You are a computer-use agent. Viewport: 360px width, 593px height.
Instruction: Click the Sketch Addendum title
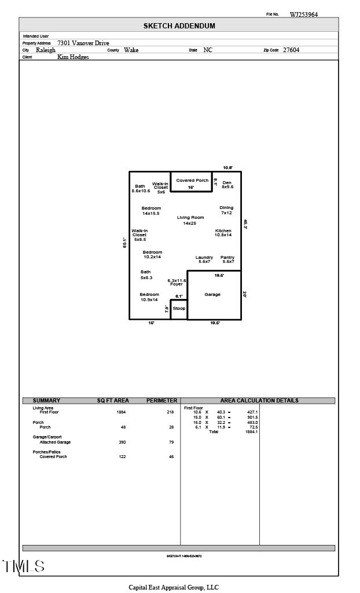[x=179, y=26]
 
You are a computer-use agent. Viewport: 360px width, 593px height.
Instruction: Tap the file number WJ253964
[x=303, y=14]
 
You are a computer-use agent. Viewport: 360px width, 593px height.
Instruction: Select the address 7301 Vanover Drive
[x=83, y=43]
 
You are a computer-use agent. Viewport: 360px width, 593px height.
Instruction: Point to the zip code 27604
[x=291, y=50]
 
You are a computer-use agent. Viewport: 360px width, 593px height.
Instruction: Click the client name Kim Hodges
[x=73, y=57]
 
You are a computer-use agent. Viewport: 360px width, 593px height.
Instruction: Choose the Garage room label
[x=212, y=295]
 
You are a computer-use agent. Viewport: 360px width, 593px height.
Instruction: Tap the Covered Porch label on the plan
[x=192, y=181]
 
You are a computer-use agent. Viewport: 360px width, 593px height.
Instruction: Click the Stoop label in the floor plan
[x=179, y=309]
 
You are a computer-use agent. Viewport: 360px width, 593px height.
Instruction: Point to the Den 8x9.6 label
[x=227, y=185]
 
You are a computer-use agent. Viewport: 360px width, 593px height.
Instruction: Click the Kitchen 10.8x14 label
[x=223, y=233]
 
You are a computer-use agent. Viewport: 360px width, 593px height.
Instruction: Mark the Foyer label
[x=177, y=284]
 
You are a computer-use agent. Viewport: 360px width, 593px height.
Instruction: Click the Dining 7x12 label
[x=226, y=210]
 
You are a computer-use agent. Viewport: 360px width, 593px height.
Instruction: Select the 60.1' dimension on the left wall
[x=124, y=243]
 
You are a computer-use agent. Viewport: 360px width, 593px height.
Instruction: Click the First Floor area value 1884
[x=121, y=412]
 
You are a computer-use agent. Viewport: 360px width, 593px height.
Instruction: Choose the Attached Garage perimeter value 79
[x=171, y=442]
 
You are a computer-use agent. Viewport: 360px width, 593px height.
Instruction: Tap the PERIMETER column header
[x=161, y=401]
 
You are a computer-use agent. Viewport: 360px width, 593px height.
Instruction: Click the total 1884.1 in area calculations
[x=251, y=431]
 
